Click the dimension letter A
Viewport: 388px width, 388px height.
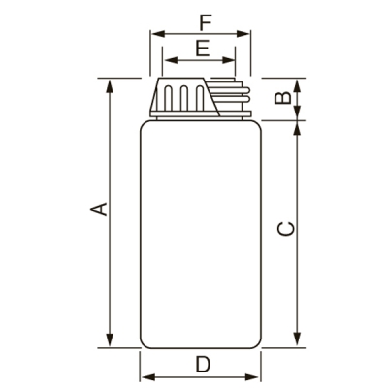click(x=97, y=210)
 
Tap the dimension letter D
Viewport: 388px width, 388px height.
click(x=202, y=365)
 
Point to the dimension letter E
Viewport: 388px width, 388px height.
click(x=202, y=48)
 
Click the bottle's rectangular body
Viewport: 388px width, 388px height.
click(x=202, y=233)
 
